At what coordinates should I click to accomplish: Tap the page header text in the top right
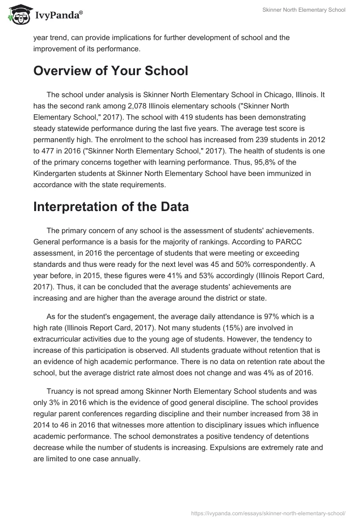click(304, 10)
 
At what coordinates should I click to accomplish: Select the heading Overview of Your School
click(110, 71)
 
